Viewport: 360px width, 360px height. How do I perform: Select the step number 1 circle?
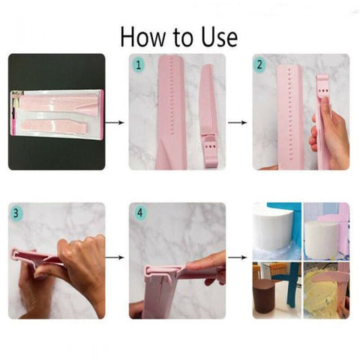(138, 64)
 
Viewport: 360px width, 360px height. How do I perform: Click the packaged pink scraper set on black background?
(55, 111)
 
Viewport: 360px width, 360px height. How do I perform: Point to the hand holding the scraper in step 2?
(330, 139)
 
